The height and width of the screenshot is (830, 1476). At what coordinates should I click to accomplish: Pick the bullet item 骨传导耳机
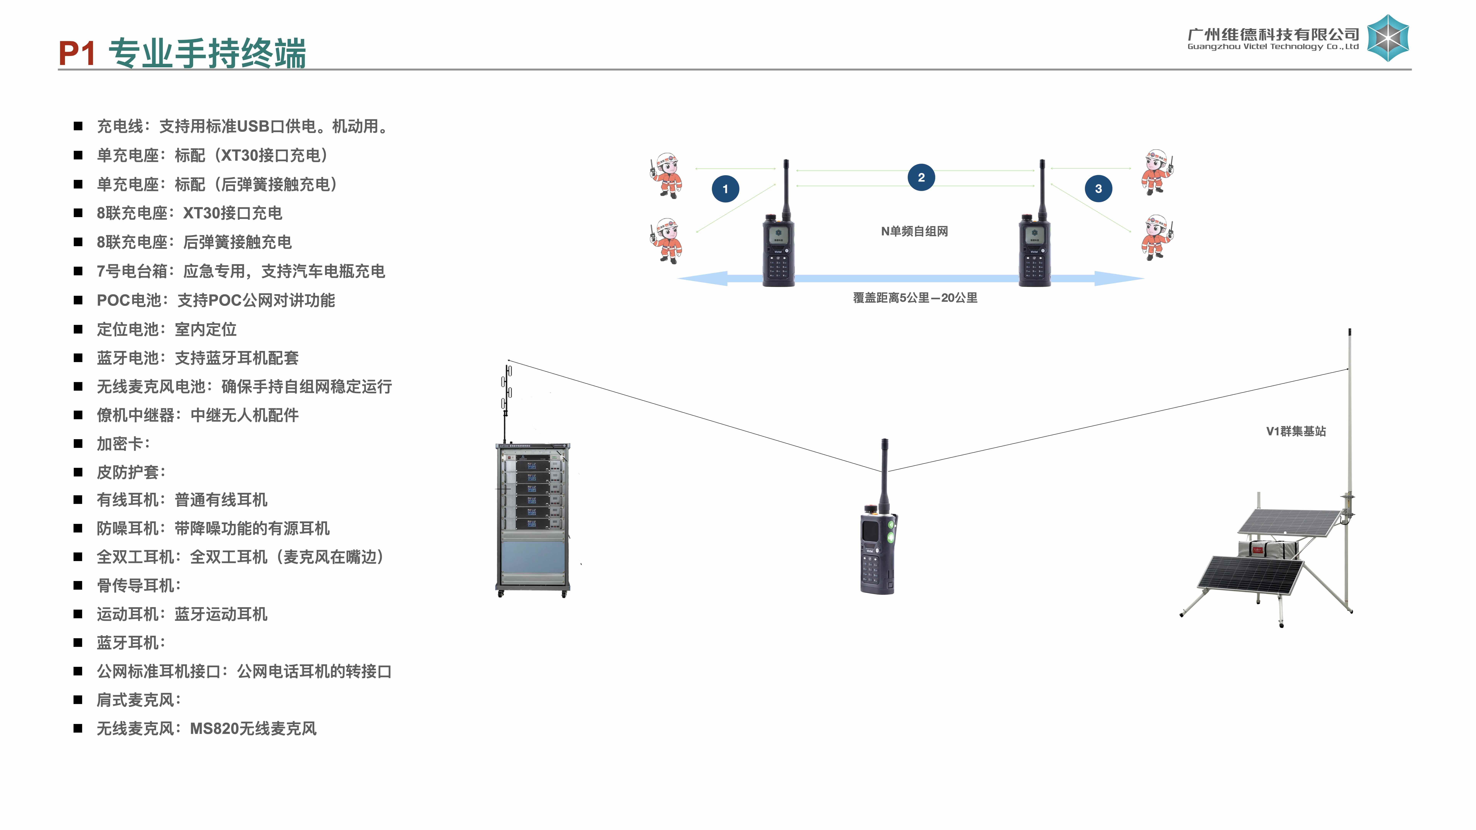coord(139,585)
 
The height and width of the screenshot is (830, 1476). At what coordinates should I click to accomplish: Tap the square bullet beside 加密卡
coord(78,444)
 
